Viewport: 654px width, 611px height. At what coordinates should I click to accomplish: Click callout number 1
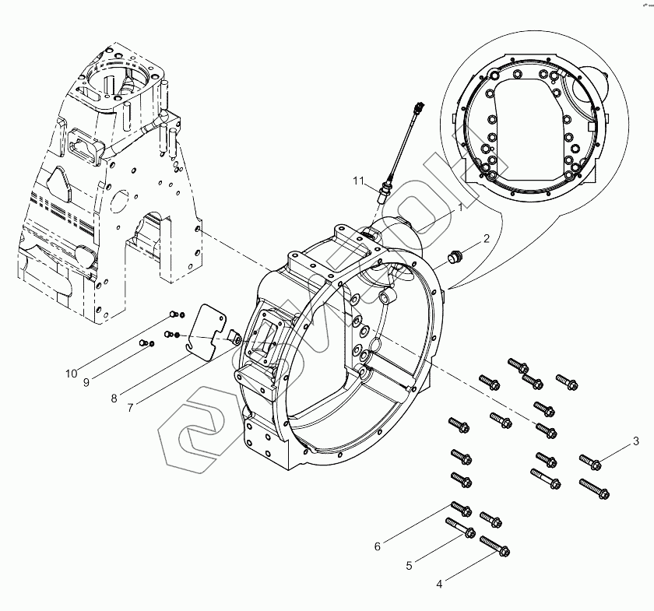460,208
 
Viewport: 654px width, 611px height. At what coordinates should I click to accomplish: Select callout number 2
487,239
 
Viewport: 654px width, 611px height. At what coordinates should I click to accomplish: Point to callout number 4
438,583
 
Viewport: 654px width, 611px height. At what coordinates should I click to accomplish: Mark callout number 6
377,546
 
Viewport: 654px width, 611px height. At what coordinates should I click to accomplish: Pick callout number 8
114,399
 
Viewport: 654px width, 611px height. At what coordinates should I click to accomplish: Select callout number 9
86,383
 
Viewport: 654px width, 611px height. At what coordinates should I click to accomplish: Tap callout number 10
71,374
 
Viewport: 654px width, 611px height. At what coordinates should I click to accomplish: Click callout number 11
358,181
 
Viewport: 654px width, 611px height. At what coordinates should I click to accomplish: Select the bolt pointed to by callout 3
591,462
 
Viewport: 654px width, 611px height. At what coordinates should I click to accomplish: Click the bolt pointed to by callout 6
459,509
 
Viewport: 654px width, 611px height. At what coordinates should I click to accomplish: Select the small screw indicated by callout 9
143,342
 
